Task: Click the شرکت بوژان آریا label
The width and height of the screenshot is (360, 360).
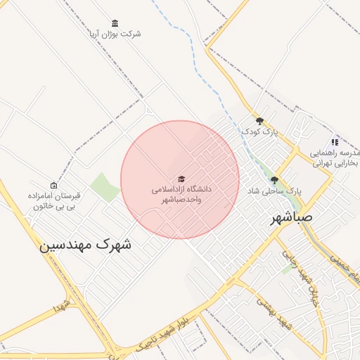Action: pos(115,34)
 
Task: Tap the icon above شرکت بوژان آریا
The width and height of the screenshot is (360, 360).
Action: pos(115,23)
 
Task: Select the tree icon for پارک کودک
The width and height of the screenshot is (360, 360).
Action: pos(259,121)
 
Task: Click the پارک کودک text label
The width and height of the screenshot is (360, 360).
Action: pos(259,131)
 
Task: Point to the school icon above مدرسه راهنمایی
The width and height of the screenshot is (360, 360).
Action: pos(335,142)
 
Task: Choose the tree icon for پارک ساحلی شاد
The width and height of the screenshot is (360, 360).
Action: pos(274,180)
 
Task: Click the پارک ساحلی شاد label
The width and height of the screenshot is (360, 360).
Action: pos(274,191)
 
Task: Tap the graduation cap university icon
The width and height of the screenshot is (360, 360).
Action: pos(181,179)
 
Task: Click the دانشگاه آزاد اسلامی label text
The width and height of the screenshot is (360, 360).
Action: pos(181,194)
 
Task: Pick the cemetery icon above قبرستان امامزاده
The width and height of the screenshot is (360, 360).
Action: pos(53,185)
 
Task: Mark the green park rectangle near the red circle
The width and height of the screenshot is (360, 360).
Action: pos(105,187)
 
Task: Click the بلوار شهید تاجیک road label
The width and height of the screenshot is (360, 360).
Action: pos(163,329)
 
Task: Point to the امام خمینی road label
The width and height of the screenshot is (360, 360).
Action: pos(340,268)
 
